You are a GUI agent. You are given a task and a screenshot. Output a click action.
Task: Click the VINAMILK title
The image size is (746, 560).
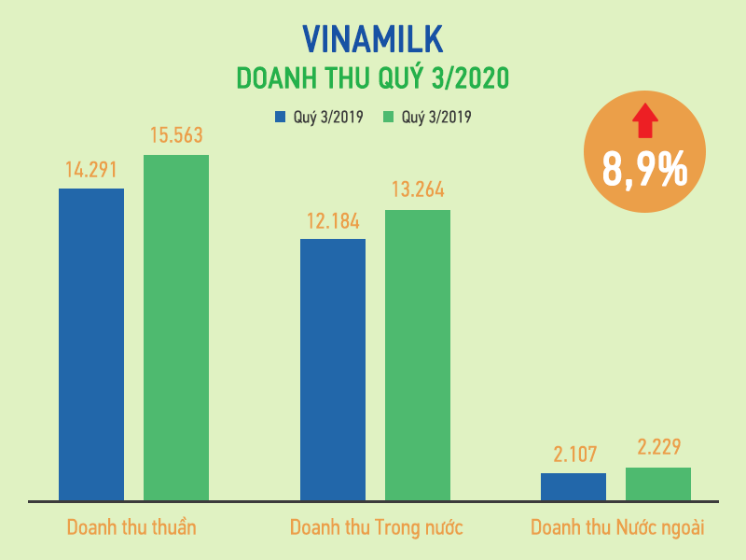[373, 38]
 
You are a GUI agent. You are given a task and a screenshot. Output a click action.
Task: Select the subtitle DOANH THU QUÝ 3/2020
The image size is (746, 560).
[373, 77]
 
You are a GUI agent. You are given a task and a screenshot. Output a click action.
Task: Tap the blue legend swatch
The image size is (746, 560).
[279, 118]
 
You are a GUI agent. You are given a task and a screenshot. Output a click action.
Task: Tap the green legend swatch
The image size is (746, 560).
[388, 118]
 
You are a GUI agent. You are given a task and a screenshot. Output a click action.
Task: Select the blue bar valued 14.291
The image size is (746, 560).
[91, 344]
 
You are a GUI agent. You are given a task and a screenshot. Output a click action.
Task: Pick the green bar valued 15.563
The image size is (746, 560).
[176, 328]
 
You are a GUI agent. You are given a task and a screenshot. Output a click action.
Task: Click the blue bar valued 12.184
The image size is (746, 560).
[333, 370]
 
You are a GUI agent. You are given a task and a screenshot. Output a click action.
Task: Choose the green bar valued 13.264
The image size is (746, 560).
[418, 356]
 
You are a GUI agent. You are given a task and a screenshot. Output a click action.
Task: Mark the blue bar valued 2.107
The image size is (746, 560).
[573, 486]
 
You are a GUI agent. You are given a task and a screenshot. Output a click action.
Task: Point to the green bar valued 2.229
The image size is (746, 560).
[658, 483]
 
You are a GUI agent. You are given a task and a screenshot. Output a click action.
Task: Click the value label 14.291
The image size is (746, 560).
[91, 171]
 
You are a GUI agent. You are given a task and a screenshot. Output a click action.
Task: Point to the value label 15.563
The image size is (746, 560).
[176, 136]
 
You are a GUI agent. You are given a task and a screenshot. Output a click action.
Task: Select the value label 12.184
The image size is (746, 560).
[333, 222]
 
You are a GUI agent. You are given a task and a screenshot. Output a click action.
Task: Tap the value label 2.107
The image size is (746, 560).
[573, 455]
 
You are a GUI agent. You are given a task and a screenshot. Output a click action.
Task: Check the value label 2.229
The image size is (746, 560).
[658, 449]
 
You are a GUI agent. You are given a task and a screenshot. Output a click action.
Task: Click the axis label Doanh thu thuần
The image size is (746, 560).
[131, 527]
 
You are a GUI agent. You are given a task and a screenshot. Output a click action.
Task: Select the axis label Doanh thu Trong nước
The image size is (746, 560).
[377, 527]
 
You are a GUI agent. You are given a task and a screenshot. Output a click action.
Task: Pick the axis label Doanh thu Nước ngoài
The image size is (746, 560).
[617, 527]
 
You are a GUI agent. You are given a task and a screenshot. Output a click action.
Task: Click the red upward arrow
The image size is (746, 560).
[644, 118]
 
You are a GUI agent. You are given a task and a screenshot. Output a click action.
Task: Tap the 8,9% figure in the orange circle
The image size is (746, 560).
[644, 170]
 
